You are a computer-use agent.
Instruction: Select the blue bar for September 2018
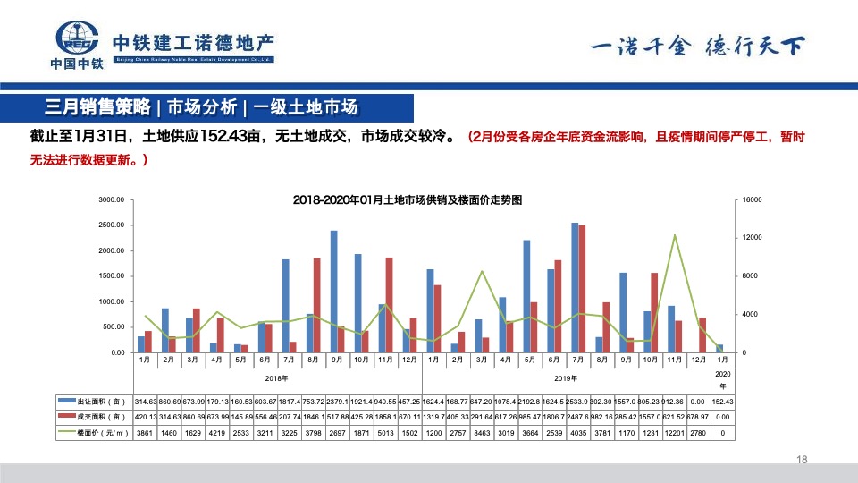(333, 291)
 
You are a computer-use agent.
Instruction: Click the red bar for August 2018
(316, 304)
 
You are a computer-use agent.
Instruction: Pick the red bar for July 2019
(582, 288)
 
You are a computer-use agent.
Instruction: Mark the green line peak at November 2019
(675, 235)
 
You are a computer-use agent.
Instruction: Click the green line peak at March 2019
(482, 271)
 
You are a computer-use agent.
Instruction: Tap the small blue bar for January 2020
(719, 348)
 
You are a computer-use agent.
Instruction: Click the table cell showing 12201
(675, 433)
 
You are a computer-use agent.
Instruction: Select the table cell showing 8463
(482, 433)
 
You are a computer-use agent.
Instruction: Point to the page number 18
(801, 460)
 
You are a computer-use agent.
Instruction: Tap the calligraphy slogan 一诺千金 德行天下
(697, 47)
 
